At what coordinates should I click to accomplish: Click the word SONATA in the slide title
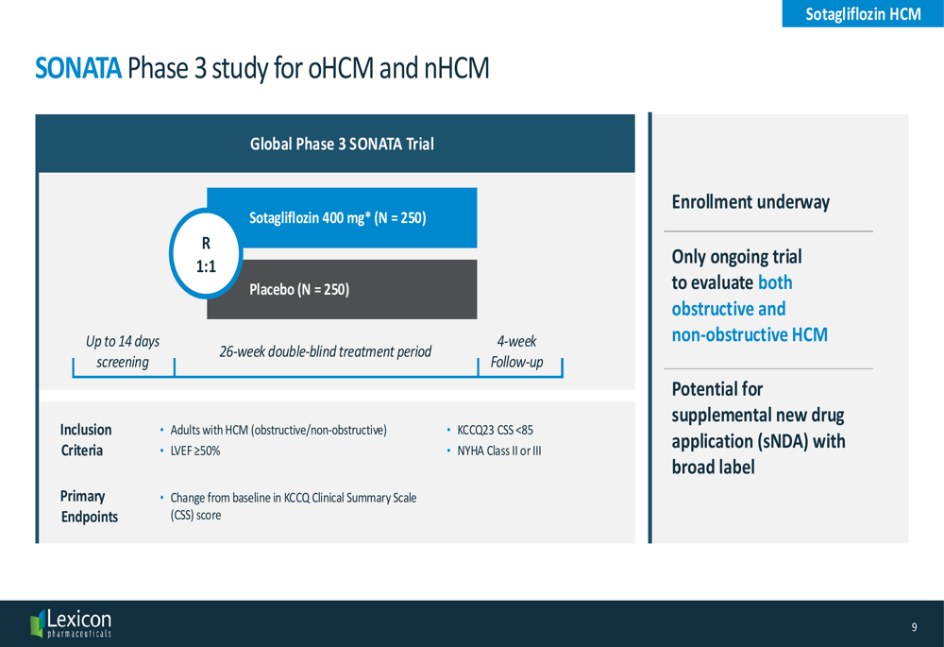pos(78,68)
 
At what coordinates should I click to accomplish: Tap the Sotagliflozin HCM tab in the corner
pos(863,13)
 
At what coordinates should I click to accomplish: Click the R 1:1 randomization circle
pos(206,254)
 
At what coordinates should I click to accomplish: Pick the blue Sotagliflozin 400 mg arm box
pos(342,217)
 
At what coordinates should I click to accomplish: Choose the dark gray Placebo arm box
pos(342,289)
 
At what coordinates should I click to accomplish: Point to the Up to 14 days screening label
pos(123,351)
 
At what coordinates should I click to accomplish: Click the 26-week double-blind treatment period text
pos(325,351)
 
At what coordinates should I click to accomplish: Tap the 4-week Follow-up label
pos(516,351)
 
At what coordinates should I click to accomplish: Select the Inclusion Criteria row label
pos(86,440)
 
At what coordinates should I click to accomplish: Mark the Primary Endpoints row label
pos(89,506)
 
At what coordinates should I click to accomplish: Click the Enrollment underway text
pos(750,202)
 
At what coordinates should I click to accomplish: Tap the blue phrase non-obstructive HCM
pos(750,334)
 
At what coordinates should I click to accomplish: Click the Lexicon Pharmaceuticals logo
pos(71,623)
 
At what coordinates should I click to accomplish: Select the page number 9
pos(914,627)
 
